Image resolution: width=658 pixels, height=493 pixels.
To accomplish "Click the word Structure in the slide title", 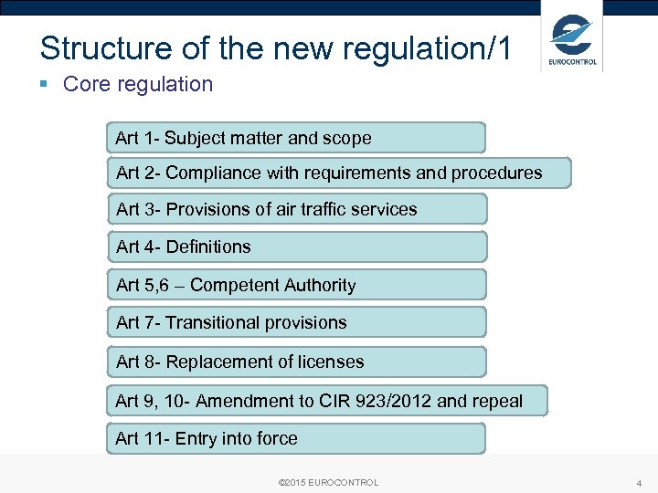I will click(87, 48).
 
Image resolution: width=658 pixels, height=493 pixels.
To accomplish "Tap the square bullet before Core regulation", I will click(45, 85).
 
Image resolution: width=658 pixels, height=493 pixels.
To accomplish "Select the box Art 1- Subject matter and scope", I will click(295, 138).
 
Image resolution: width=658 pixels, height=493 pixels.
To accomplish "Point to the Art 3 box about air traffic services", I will click(296, 209).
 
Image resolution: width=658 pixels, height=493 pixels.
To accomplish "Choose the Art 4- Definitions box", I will click(296, 246).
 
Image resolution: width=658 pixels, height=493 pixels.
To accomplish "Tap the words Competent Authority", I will click(272, 285).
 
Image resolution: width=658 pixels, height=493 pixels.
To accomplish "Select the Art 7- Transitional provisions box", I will click(296, 322).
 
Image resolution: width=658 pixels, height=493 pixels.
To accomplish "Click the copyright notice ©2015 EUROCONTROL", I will click(327, 482).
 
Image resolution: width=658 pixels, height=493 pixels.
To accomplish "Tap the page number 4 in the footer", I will click(639, 482).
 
